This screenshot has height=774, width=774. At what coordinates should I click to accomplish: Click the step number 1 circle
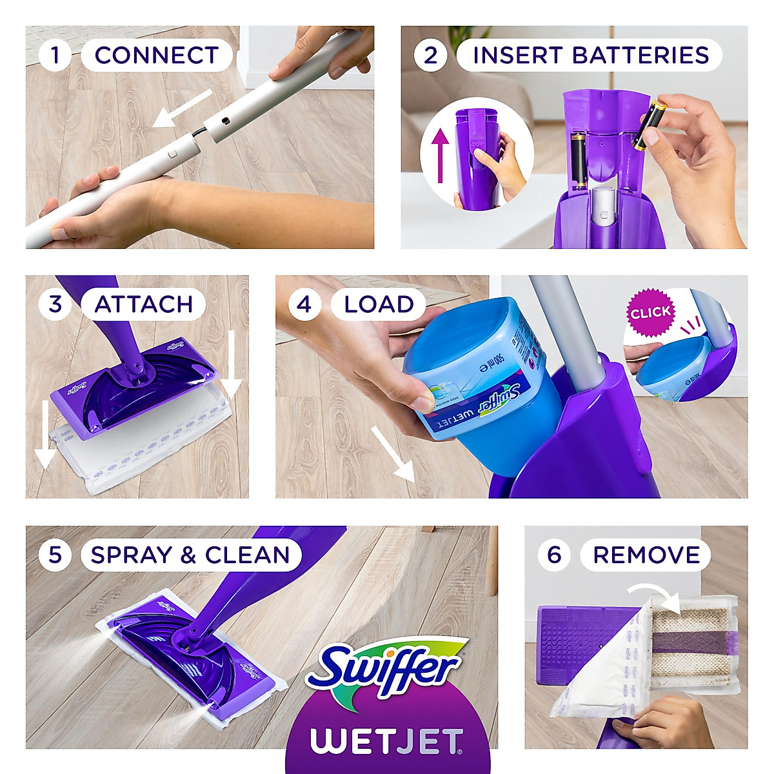click(x=55, y=55)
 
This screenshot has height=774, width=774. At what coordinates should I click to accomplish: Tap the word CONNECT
click(x=156, y=55)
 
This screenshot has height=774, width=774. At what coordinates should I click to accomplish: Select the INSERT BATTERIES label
click(x=590, y=55)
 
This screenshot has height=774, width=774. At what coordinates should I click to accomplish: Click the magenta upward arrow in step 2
click(x=440, y=155)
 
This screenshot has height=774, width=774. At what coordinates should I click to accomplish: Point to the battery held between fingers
click(x=649, y=124)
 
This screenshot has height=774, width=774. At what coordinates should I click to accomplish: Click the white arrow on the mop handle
click(x=183, y=108)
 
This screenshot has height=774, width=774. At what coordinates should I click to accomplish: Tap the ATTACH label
click(x=143, y=304)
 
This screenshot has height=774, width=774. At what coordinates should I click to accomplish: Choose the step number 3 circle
click(x=55, y=304)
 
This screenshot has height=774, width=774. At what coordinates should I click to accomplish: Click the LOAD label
click(x=379, y=304)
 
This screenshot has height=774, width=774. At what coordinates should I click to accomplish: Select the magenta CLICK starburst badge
click(x=650, y=313)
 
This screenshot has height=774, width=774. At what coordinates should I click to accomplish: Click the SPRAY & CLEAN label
click(x=190, y=555)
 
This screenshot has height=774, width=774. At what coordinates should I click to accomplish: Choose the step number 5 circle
click(x=55, y=555)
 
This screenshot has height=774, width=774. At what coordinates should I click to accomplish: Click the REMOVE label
click(x=646, y=555)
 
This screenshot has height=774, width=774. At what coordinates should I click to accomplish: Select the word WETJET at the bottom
click(x=386, y=742)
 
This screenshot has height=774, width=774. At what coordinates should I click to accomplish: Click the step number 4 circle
click(x=304, y=304)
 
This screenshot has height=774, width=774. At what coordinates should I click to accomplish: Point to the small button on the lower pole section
click(x=173, y=154)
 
